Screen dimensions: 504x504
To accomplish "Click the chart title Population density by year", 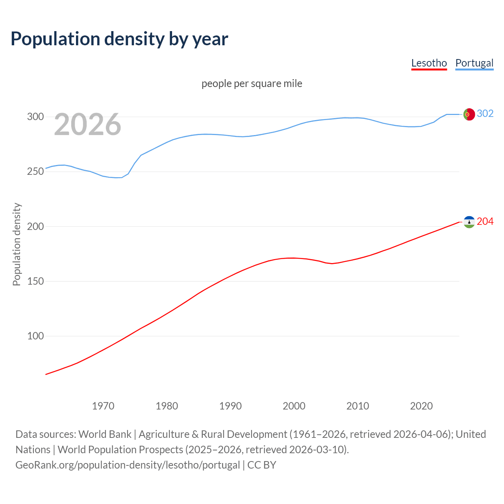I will pos(119,39).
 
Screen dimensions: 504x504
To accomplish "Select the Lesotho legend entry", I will pos(429,63).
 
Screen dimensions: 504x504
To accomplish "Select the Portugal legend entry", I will pos(474,63).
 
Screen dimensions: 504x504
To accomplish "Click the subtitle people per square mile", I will pos(252,83).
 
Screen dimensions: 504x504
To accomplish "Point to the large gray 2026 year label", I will pos(87,124).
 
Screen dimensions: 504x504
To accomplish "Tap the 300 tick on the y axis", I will pos(35,117).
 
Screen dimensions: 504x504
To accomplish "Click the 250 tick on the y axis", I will pos(35,171).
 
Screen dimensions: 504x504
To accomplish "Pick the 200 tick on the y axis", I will pos(35,226).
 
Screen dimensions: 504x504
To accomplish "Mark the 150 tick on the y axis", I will pos(35,281).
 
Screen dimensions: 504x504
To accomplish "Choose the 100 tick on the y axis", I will pos(35,336).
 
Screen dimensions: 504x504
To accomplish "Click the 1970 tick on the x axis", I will pos(103,406).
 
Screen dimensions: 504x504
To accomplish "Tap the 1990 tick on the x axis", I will pos(230,406).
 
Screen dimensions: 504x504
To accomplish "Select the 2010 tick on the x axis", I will pos(358,406).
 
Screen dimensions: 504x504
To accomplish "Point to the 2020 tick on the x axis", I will pos(421,406).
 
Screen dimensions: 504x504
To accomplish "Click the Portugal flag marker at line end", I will pos(469,114).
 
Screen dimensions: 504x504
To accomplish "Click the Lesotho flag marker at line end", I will pos(469,222).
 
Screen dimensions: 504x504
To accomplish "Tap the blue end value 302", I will pos(485,113).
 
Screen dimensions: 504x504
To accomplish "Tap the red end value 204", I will pos(485,222).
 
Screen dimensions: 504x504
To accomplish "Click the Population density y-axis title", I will pos(17,244).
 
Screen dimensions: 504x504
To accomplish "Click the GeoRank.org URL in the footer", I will pos(127,465).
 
